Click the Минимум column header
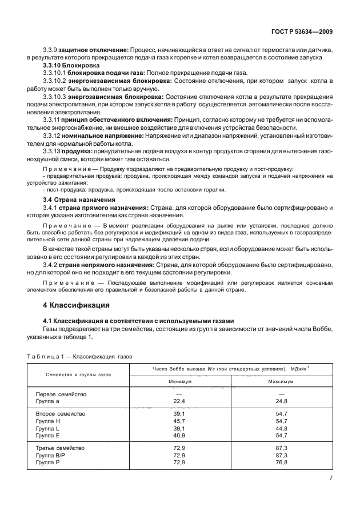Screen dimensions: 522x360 179,380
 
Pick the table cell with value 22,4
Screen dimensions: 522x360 179,401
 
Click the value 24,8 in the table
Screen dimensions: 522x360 281,401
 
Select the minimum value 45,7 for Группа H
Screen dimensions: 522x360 179,420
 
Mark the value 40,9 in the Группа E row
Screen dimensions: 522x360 179,435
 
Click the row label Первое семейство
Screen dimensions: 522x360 60,395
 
